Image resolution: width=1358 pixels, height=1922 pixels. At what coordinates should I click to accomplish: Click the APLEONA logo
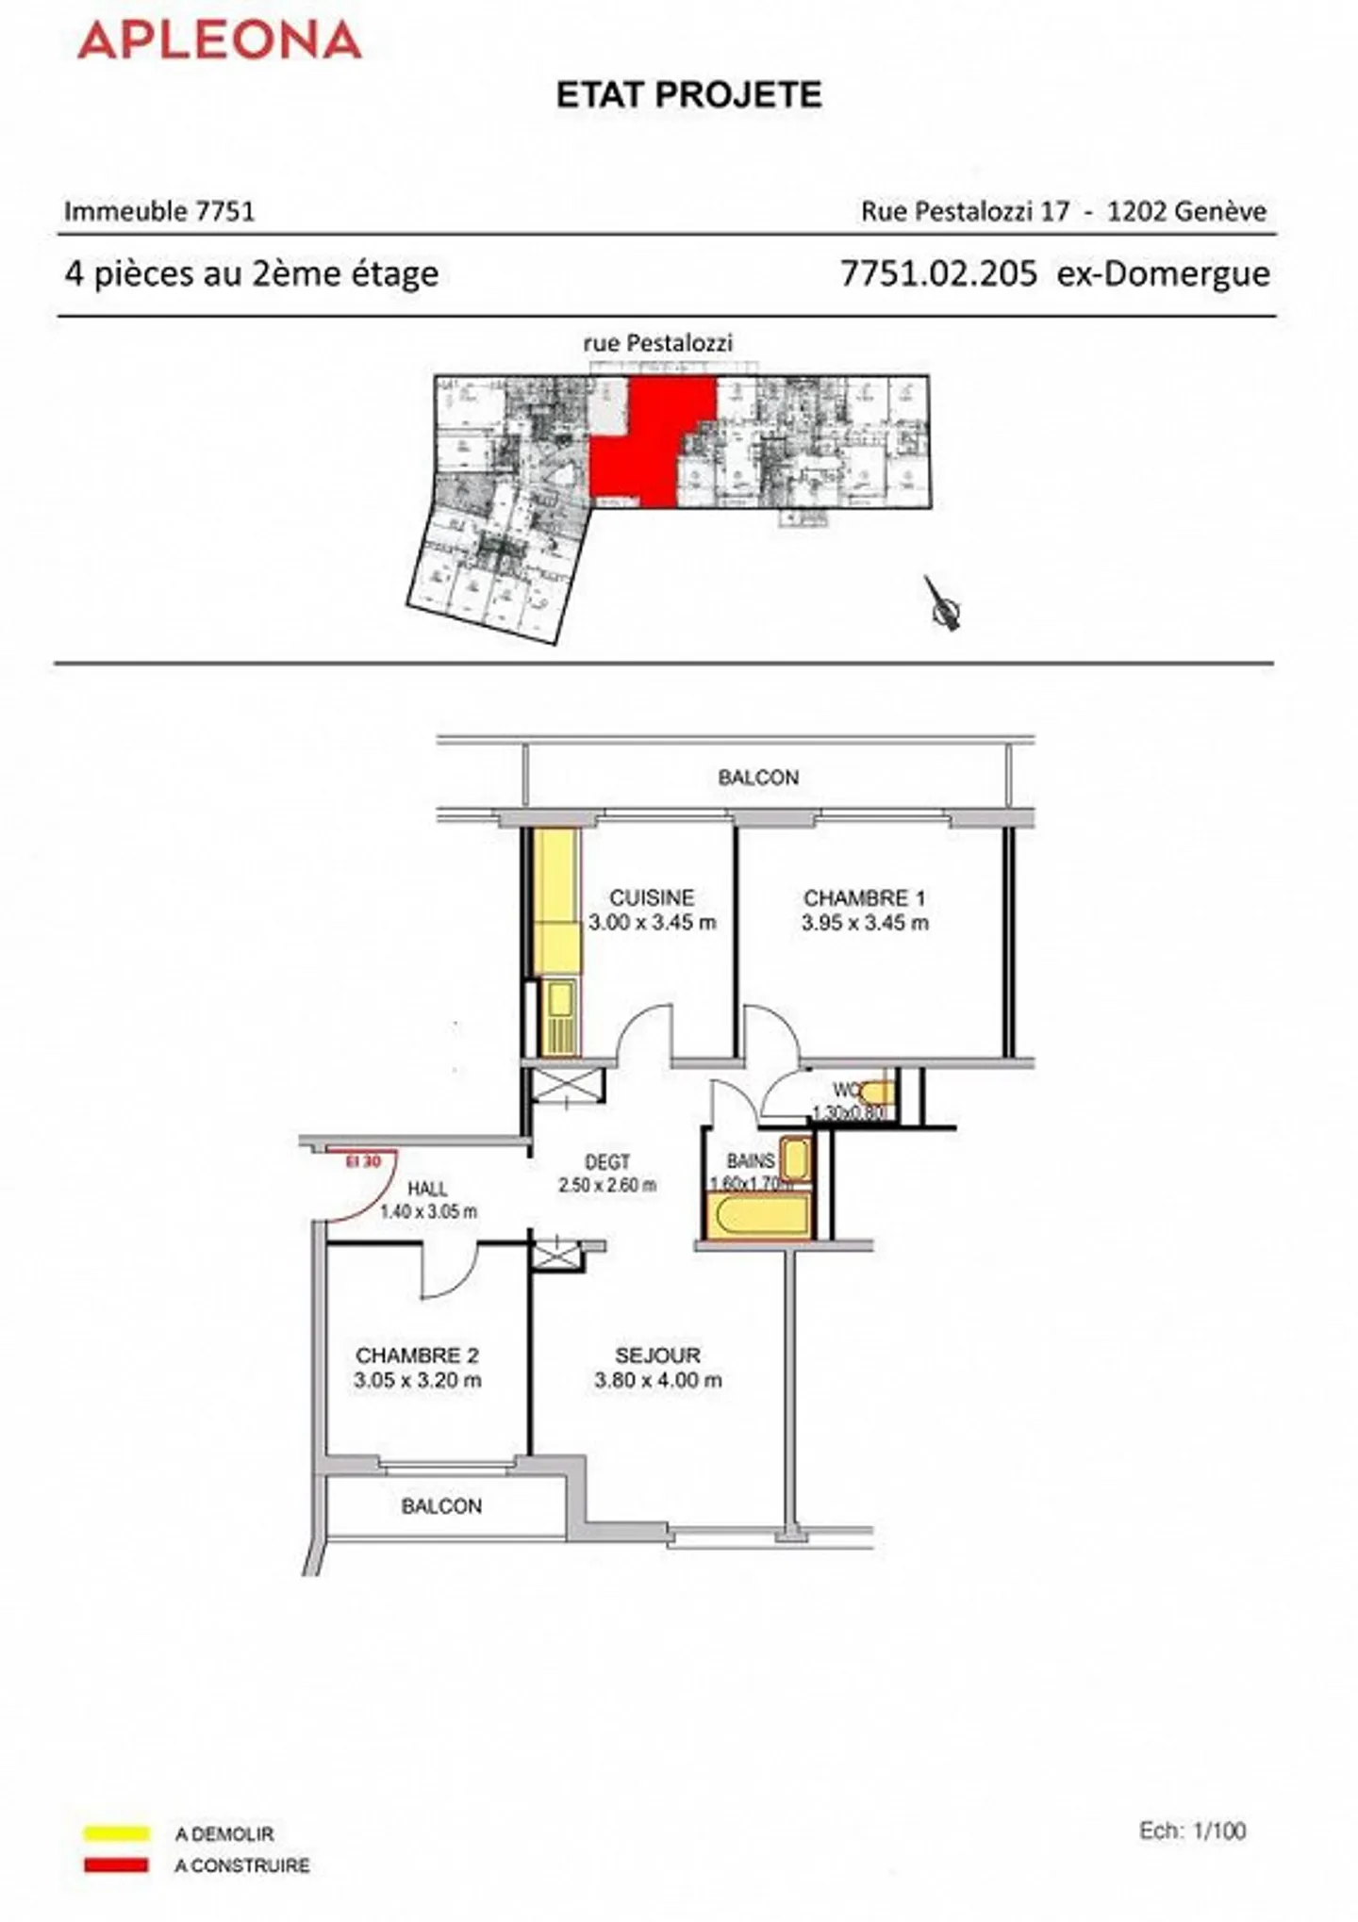click(220, 41)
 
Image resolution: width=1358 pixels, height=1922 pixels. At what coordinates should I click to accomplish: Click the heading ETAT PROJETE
click(689, 95)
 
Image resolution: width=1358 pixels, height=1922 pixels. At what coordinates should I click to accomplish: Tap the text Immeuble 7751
click(159, 211)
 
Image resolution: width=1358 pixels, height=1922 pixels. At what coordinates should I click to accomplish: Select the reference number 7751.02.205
click(938, 274)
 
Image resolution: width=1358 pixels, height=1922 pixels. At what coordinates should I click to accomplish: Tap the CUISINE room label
click(652, 898)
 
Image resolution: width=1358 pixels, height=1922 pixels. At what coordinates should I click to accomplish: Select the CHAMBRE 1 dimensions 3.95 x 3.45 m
click(865, 924)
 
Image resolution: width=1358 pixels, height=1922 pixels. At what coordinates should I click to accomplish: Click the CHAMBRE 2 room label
click(417, 1355)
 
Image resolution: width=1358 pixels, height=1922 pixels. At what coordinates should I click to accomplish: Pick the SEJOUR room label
click(657, 1355)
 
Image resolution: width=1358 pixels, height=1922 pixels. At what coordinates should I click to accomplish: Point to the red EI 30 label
click(363, 1162)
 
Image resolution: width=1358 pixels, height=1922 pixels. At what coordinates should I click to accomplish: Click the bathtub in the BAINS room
click(758, 1216)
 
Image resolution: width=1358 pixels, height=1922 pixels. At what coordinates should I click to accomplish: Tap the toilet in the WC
click(876, 1093)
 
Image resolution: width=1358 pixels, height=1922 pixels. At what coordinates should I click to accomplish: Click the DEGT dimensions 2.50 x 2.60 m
click(607, 1186)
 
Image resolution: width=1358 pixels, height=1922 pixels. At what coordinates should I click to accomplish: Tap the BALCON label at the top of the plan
click(758, 778)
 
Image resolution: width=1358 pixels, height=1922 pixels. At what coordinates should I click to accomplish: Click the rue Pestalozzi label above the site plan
click(657, 344)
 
